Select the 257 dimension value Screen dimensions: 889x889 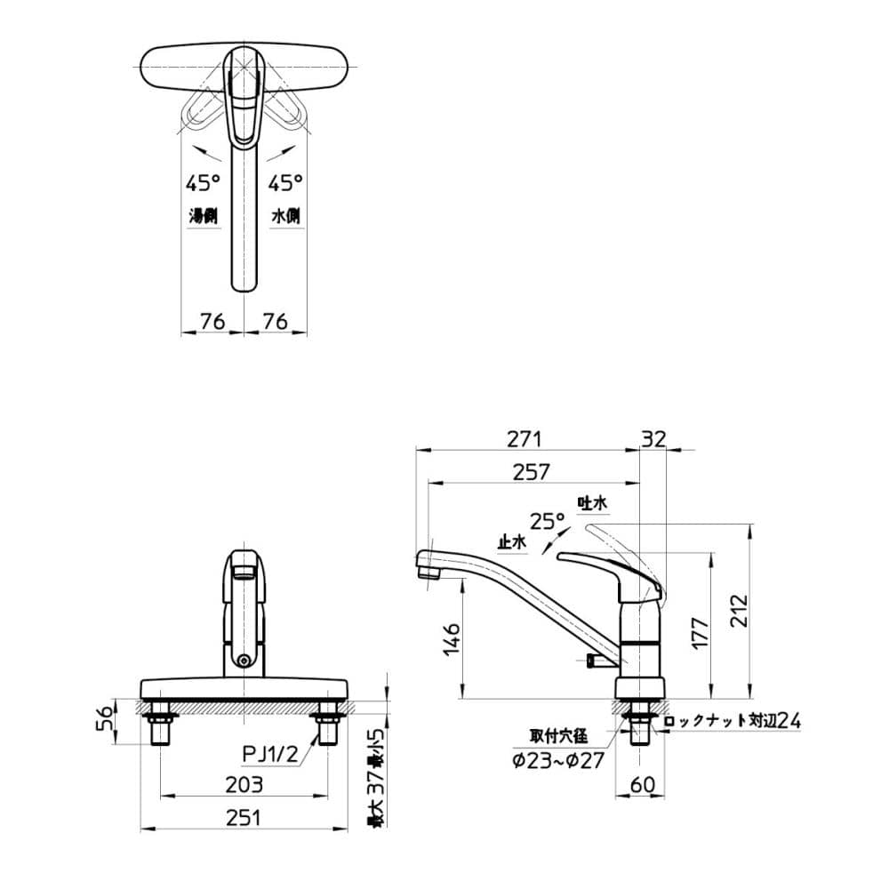pos(532,472)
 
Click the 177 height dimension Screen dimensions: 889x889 pos(699,632)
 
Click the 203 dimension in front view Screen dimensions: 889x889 pos(244,784)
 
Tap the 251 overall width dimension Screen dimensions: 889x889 pos(244,819)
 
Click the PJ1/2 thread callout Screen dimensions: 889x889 pos(270,754)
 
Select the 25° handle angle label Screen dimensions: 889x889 pos(547,520)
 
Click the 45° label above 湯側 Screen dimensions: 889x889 pos(203,184)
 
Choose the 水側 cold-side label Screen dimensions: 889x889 pos(285,216)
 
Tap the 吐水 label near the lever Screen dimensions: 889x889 pos(592,504)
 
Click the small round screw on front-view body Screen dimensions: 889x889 pos(244,661)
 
